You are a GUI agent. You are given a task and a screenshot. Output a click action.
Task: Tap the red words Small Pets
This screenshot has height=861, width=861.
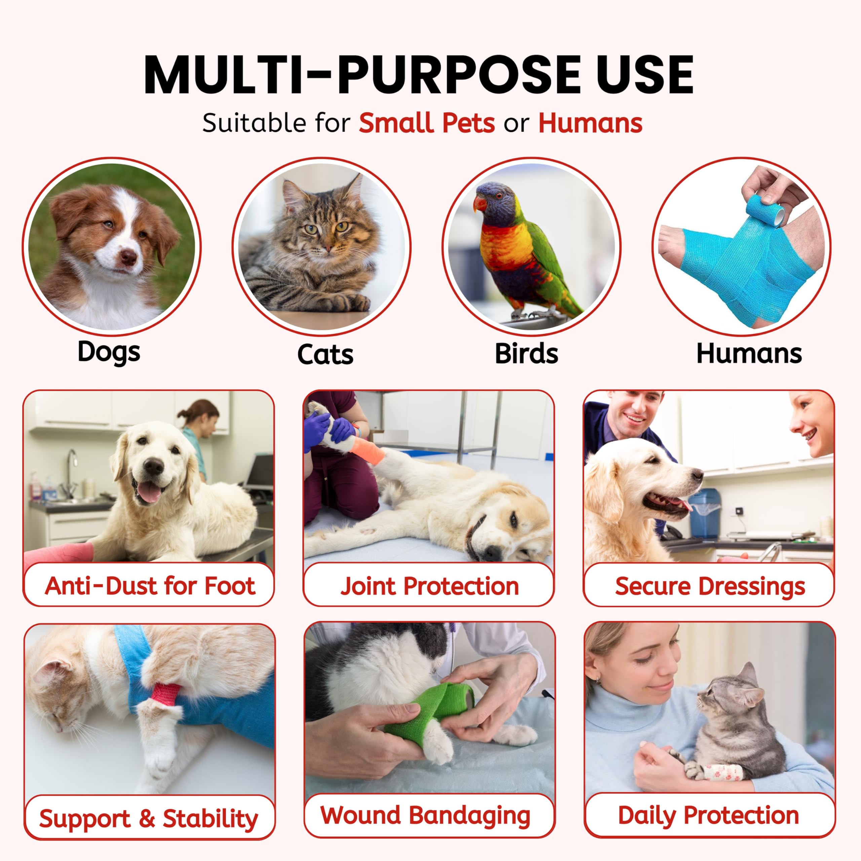427,123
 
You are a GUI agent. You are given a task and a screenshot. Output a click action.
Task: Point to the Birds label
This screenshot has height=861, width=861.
526,353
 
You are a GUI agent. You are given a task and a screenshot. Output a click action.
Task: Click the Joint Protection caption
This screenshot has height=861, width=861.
429,586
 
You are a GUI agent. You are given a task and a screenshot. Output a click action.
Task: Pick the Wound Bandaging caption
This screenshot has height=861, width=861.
425,815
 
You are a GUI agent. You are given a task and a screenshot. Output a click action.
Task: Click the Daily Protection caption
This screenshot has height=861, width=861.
708,815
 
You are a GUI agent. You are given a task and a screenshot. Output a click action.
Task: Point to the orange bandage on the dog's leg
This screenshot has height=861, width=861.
368,450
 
